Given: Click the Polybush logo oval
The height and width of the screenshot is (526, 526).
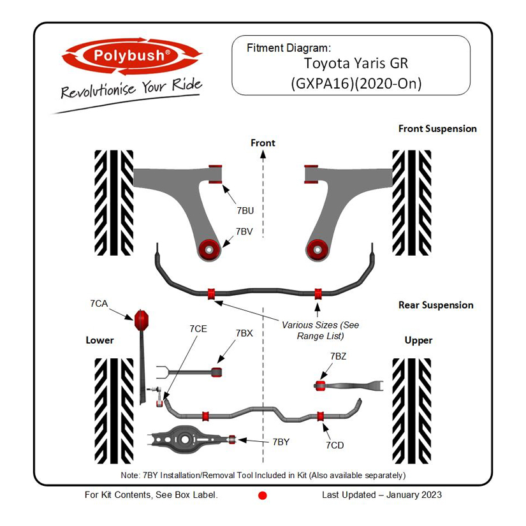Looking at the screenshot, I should coord(131,55).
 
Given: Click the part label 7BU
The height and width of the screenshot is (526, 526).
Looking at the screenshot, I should coord(245,209).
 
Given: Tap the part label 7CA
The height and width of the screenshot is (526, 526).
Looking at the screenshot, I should coord(99,303).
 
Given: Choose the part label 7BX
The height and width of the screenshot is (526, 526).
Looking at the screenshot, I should coord(244,333).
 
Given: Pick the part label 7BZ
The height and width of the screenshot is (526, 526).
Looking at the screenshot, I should coord(339,356).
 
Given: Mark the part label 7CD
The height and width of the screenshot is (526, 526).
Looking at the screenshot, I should coord(335,445).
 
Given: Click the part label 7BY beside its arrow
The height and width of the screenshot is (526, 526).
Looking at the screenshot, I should coord(281,441).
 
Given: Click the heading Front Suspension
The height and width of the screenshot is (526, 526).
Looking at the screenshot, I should coord(437,129).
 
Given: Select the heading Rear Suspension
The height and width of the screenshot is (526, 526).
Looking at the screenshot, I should coord(436,305).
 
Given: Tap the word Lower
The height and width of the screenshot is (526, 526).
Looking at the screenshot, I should coord(100,340).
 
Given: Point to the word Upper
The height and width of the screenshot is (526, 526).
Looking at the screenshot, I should coord(418,340).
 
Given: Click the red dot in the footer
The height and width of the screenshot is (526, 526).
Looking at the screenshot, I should coord(262,495).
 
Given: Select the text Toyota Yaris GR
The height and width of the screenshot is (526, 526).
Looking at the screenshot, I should coord(356,64).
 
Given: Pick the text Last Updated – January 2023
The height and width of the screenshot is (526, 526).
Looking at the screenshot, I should coord(382,495).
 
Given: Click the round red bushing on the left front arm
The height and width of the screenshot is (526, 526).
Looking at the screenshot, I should coord(208,248).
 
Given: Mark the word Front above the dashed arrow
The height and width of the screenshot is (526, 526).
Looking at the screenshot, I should coord(263,143).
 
